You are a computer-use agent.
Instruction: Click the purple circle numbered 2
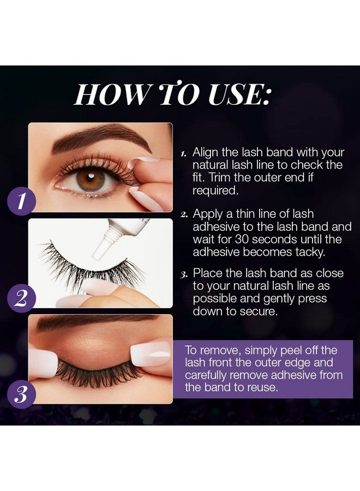pyautogui.click(x=21, y=298)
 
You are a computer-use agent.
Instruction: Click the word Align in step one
pyautogui.click(x=205, y=153)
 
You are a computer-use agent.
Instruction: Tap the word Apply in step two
pyautogui.click(x=207, y=214)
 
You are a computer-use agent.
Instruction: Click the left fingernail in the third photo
pyautogui.click(x=44, y=362)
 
